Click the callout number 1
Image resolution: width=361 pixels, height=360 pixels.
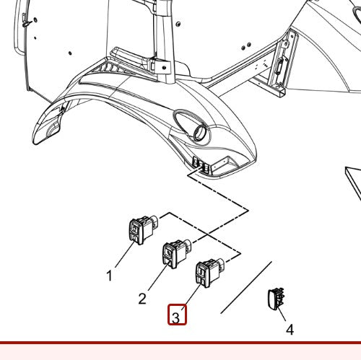click(x=109, y=276)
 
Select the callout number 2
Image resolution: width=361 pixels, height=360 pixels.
click(x=142, y=299)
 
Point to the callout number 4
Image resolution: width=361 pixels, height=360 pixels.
click(x=290, y=330)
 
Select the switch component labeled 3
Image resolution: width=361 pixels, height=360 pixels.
click(x=210, y=273)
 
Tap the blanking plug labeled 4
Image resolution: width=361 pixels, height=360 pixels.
click(x=276, y=298)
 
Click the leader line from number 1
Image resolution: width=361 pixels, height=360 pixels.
click(x=125, y=254)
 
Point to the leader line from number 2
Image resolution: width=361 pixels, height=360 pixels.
click(x=158, y=276)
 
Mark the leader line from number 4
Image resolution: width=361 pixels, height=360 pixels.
click(x=282, y=314)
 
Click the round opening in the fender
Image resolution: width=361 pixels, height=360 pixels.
click(x=199, y=133)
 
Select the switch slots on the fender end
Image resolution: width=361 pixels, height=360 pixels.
click(x=201, y=165)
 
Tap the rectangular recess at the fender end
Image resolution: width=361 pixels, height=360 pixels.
click(x=225, y=165)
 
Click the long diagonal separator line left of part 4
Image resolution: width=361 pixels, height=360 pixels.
click(x=246, y=287)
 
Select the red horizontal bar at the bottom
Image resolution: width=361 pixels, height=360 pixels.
click(x=180, y=343)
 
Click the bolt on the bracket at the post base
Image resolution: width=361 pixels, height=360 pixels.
click(x=164, y=68)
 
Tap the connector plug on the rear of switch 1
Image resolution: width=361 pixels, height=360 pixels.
click(x=155, y=221)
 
